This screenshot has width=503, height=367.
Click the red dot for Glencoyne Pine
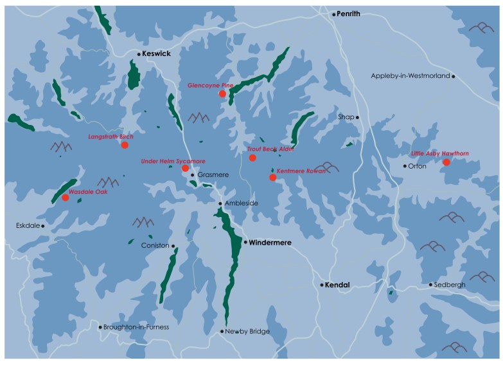click(222, 93)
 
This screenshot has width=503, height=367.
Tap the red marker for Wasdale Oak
click(65, 198)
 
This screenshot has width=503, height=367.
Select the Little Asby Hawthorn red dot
click(446, 162)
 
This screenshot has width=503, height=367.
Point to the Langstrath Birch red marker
click(125, 145)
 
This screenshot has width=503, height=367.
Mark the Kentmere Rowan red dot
click(272, 177)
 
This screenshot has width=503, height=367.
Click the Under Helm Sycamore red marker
click(185, 168)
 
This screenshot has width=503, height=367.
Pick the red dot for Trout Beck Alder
click(252, 158)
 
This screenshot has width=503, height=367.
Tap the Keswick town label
click(157, 54)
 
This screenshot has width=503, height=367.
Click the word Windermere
click(270, 243)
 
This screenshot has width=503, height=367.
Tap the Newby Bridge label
click(247, 332)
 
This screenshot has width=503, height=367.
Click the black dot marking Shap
click(358, 117)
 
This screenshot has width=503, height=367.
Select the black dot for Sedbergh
click(430, 285)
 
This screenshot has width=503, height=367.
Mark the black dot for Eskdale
click(42, 226)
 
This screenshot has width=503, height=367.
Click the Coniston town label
click(155, 245)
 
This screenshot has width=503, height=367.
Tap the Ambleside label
click(242, 203)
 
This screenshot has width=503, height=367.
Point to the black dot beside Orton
click(404, 166)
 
